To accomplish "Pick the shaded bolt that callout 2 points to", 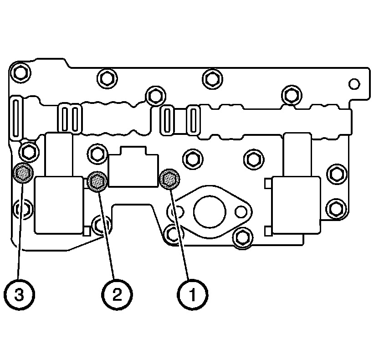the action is (x=98, y=181).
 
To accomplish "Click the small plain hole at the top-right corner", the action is (x=354, y=84).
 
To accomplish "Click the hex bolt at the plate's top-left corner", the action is (x=20, y=72).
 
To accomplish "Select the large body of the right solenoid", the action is (x=295, y=205).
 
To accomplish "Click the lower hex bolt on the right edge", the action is (x=336, y=207).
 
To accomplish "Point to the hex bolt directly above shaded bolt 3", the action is (x=29, y=149).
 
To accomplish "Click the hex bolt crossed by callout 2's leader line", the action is (x=101, y=224).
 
